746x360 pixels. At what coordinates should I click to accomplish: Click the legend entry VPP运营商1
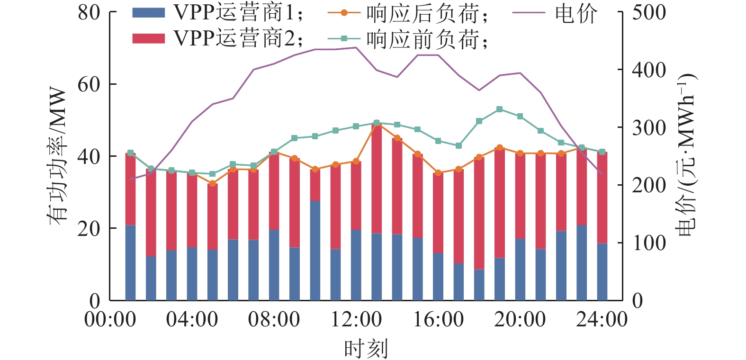tap(218, 13)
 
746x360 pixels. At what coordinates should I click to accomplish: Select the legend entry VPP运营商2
tap(218, 38)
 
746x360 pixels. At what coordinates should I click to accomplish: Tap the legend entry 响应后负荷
tap(407, 13)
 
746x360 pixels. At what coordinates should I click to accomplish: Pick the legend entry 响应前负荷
tap(407, 38)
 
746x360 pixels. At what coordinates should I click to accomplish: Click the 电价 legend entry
tap(554, 13)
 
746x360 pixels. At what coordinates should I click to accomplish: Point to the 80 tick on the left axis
tap(89, 12)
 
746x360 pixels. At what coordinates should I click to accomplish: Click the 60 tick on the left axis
tap(89, 84)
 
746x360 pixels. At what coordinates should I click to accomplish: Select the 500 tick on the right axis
tap(648, 12)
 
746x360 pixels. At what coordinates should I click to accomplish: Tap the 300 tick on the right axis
tap(648, 128)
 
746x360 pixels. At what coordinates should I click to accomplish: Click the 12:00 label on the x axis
tap(356, 320)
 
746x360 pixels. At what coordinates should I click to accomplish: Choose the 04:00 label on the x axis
tap(192, 320)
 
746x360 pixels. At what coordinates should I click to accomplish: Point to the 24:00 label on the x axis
tap(602, 320)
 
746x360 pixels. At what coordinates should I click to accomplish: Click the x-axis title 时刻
tap(366, 349)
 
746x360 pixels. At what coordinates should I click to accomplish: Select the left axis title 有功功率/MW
tap(58, 156)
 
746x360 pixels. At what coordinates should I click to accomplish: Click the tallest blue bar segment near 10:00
tap(315, 250)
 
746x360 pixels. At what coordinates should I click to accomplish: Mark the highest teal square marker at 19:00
tap(499, 109)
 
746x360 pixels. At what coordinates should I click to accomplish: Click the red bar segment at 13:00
tap(377, 178)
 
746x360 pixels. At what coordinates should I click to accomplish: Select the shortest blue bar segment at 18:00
tap(479, 285)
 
